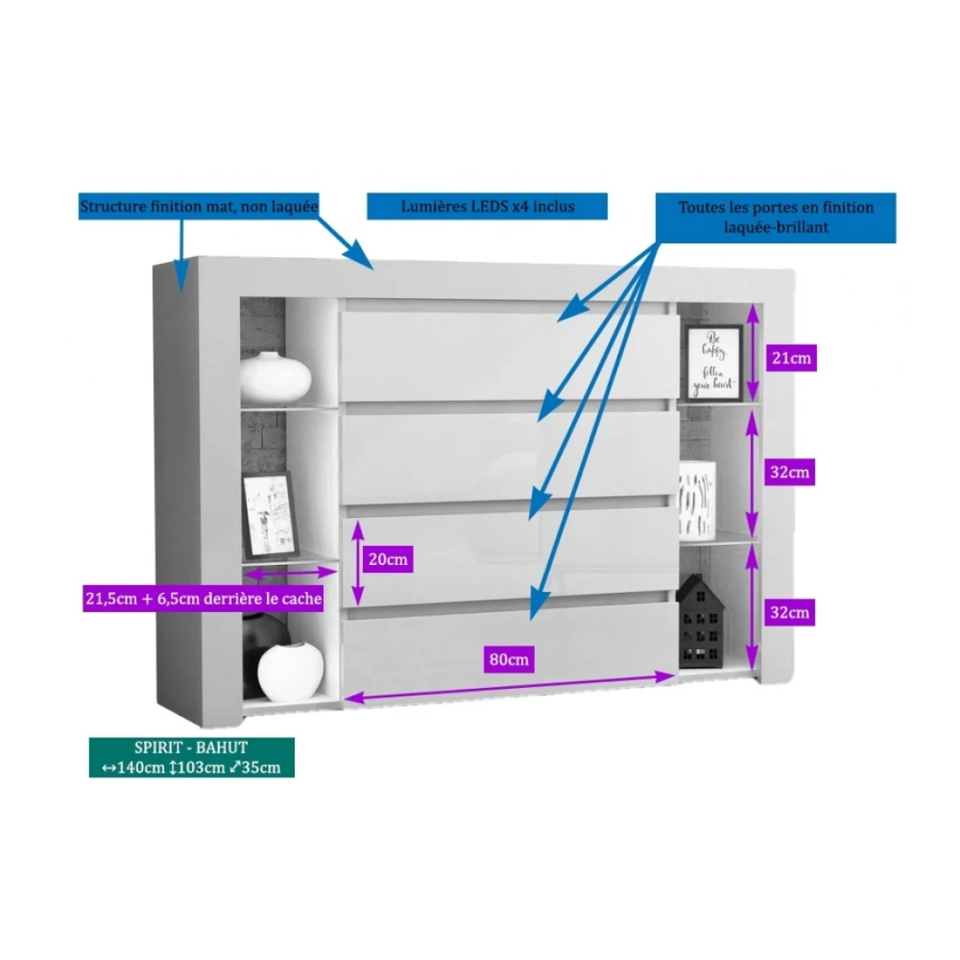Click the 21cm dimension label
[791, 358]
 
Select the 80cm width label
[509, 659]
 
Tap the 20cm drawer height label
[387, 558]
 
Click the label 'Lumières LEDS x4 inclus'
[487, 206]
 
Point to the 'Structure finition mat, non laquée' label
[199, 206]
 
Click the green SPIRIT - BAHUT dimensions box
[191, 757]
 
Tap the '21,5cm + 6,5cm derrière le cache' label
[204, 599]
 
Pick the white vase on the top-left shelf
[275, 376]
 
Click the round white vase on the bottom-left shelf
[291, 670]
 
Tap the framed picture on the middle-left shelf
[271, 513]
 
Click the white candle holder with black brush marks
[697, 499]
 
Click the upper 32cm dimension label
[789, 472]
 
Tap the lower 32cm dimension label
[789, 612]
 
